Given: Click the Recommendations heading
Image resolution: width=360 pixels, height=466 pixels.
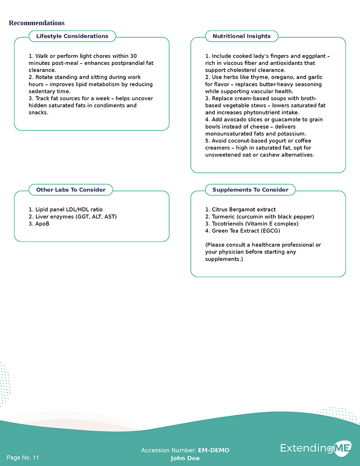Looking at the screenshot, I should [37, 23].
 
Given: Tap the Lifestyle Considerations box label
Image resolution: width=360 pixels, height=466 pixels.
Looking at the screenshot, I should [72, 36].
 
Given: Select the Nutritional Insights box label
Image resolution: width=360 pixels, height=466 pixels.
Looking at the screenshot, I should [241, 36].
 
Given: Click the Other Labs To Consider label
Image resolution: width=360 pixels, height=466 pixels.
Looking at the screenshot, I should [71, 190].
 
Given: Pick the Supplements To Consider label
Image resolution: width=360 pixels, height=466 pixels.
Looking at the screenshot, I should [250, 190].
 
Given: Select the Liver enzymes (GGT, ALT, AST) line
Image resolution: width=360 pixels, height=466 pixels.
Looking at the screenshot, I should [73, 217].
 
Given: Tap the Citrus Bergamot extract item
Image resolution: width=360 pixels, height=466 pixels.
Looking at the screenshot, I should [240, 210].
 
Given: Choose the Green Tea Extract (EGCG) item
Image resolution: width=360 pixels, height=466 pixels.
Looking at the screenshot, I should [243, 231].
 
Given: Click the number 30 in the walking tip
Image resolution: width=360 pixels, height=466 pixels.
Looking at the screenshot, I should [133, 56].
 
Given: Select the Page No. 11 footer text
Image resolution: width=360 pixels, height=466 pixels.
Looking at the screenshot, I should [23, 458].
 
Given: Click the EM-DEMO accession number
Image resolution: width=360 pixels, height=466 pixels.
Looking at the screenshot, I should [214, 450].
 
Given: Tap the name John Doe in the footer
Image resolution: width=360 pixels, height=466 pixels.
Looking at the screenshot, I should [185, 458].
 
